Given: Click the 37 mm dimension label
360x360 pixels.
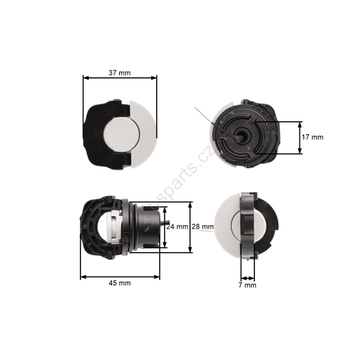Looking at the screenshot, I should [120, 73].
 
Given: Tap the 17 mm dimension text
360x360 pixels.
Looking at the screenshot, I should [313, 137].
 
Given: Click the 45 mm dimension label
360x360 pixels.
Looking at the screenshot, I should [120, 282].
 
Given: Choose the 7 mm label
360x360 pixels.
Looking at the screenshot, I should [247, 285].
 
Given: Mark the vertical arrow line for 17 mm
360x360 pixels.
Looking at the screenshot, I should [300, 137].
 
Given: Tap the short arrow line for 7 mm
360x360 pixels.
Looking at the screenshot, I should [247, 277].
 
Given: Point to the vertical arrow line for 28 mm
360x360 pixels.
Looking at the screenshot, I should [190, 227].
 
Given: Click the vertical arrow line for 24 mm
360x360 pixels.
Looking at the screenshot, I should [164, 227].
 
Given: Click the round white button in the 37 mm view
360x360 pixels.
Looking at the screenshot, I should [124, 133].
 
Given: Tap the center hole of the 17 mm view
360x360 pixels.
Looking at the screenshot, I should [241, 136].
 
